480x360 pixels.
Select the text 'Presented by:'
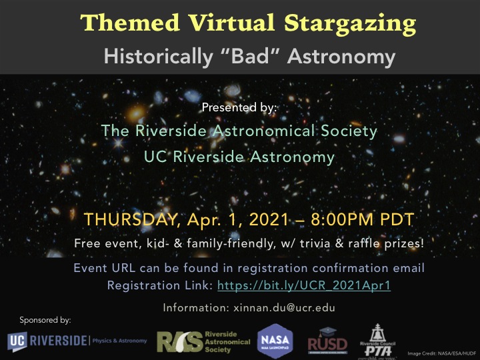(x=239, y=107)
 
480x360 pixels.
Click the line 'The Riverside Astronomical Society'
(x=239, y=131)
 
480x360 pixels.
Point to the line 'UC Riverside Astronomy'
(x=239, y=157)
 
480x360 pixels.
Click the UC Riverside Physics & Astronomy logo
(x=77, y=341)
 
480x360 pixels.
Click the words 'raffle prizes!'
(x=392, y=244)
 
